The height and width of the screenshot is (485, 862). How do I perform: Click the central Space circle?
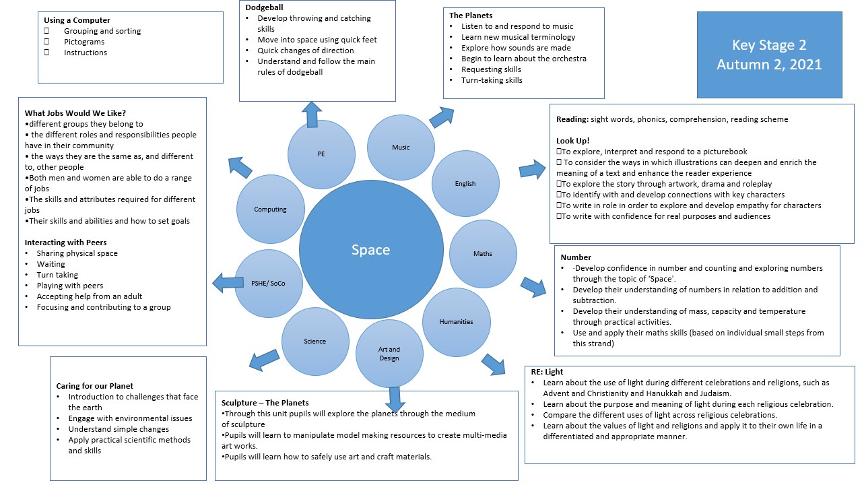pos(370,251)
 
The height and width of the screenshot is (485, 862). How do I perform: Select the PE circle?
pos(321,154)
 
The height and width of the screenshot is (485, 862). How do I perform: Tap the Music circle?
pos(401,148)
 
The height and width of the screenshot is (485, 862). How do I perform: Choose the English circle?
pos(465,184)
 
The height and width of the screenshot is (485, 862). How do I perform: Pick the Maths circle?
pos(482,254)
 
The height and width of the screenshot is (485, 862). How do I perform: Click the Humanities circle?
pos(457,322)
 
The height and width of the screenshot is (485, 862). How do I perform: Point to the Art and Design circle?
pos(389,354)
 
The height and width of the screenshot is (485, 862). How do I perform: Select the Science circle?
pos(314,342)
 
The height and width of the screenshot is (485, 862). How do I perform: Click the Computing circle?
pos(271,209)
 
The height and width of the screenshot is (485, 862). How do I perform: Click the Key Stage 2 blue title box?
pos(769,55)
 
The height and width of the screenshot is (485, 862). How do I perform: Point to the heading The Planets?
pos(471,15)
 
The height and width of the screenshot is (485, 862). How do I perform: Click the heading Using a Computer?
pos(77,20)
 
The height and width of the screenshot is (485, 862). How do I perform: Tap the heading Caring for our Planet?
pos(95,386)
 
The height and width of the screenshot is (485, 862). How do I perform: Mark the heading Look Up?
pos(573,141)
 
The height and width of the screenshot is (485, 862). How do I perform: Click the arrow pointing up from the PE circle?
pos(312,114)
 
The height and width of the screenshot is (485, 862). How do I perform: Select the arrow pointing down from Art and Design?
pos(395,399)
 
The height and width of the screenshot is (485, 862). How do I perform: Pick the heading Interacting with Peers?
pos(66,243)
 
